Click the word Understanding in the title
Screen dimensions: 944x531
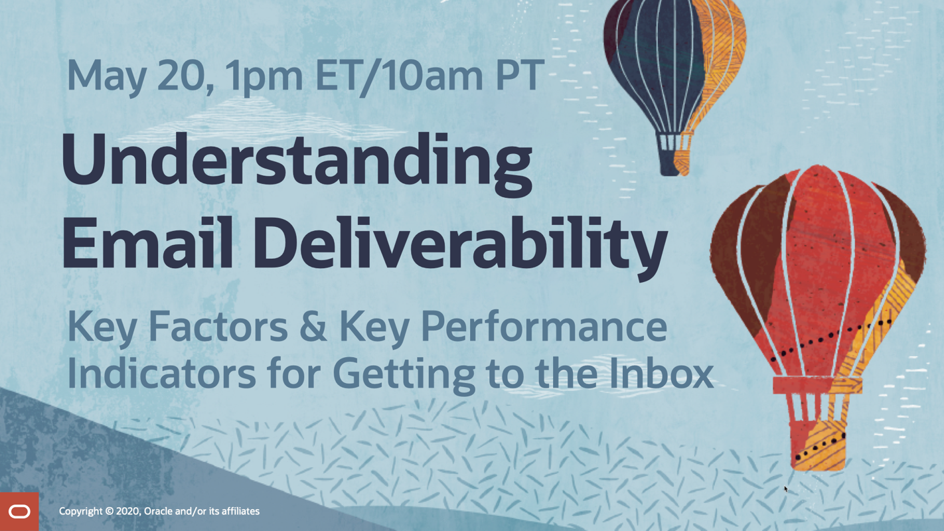click(297, 165)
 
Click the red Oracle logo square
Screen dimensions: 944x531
click(19, 512)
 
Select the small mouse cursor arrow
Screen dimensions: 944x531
click(785, 489)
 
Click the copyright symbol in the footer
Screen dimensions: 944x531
click(109, 512)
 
